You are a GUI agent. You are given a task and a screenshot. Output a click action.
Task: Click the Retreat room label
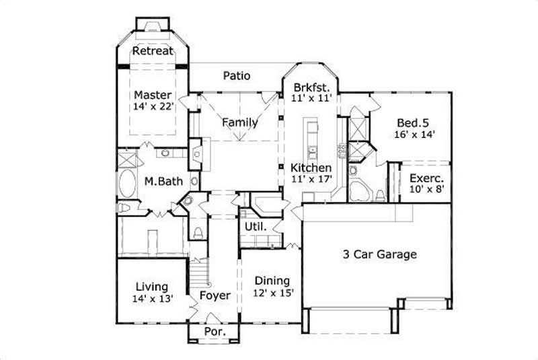pos(153,51)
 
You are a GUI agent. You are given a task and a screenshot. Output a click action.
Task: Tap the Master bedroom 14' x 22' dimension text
pos(153,106)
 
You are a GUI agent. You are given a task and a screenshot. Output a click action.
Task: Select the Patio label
pos(237,76)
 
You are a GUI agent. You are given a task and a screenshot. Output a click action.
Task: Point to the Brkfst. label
pos(311,87)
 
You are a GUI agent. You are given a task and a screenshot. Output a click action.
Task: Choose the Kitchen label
pos(311,168)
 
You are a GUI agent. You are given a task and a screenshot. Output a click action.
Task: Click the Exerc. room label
pos(426,179)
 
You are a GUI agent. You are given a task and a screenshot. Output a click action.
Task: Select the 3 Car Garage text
pos(380,254)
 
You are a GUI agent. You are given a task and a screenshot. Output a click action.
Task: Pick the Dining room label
pos(272,281)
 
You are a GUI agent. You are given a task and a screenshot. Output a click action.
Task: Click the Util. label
pos(259,227)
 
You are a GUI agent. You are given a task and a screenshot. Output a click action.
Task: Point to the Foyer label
pos(215,295)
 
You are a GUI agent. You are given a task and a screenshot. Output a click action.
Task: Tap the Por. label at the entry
pos(214,332)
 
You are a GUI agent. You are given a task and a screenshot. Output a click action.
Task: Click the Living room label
pos(151,287)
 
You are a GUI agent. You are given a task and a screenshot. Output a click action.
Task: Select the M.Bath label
pos(162,182)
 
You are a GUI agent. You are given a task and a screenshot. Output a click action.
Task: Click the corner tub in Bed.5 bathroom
pos(361,191)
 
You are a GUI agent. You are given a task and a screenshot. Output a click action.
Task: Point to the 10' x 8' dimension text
pos(426,190)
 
